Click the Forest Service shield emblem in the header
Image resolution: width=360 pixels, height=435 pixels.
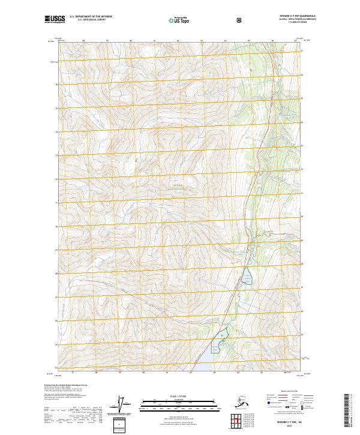click(238, 20)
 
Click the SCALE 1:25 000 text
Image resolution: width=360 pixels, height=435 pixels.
click(179, 395)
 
